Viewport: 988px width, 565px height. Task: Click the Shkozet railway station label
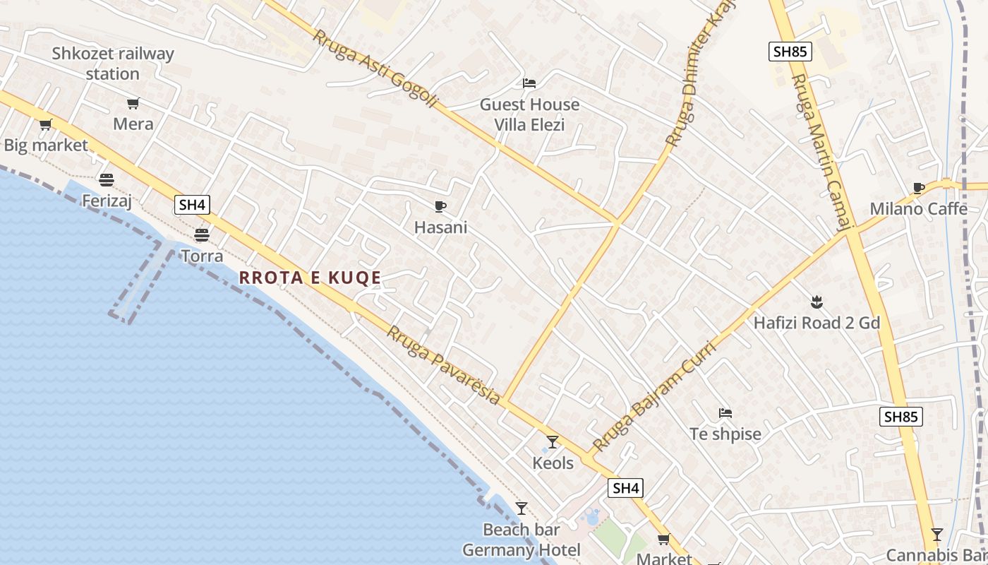113,64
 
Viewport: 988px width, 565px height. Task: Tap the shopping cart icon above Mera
133,104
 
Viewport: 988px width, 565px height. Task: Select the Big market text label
46,145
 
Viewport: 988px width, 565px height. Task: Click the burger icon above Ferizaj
107,179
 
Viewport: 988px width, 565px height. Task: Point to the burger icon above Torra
202,234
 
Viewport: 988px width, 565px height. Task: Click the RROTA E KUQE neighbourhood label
310,278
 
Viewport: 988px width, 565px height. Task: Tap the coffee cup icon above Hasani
440,206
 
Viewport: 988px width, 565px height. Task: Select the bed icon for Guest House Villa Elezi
529,83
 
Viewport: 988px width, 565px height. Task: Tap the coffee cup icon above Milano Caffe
918,188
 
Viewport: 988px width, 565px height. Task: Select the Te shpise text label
725,434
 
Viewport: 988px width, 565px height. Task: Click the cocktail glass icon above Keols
553,442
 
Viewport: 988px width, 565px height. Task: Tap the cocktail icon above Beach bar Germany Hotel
522,509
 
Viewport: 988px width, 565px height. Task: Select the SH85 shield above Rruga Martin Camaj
790,51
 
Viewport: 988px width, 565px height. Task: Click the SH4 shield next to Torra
192,205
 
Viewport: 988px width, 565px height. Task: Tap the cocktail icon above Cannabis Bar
937,534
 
